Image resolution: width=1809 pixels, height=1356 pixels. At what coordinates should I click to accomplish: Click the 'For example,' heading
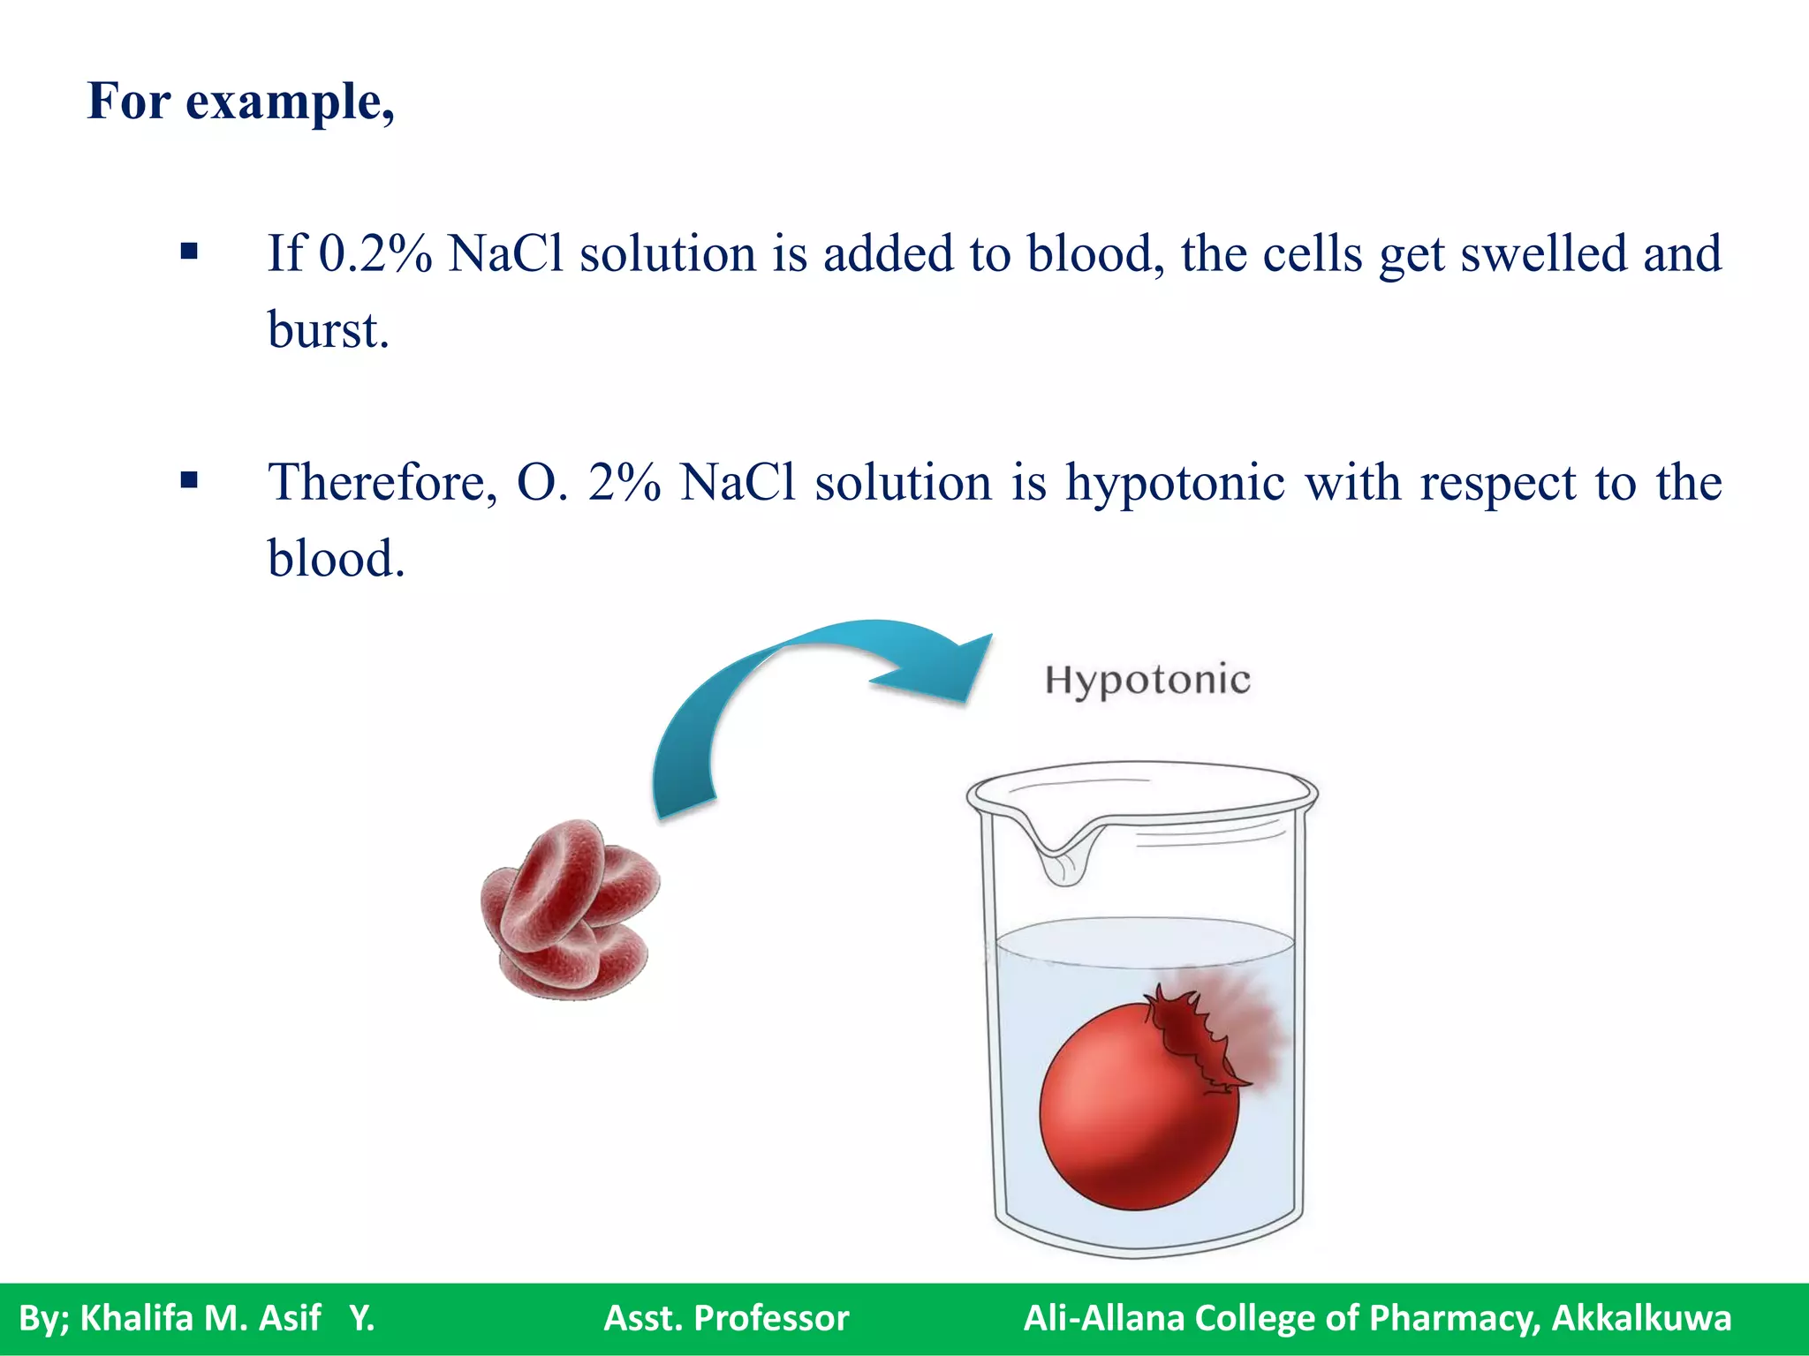[x=240, y=102]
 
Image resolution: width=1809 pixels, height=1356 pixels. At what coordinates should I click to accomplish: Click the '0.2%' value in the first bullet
[x=375, y=253]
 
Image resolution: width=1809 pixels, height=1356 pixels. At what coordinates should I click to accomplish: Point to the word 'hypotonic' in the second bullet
[x=1174, y=483]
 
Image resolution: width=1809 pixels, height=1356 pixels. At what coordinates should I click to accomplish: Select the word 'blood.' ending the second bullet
[x=336, y=559]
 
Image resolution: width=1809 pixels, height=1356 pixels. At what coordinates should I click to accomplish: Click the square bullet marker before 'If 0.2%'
[x=188, y=252]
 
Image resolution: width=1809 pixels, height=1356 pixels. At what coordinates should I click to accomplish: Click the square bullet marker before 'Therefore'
[x=188, y=481]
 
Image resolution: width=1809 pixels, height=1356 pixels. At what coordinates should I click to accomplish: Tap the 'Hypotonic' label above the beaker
[x=1147, y=680]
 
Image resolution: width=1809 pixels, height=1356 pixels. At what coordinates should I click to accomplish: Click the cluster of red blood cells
[x=570, y=909]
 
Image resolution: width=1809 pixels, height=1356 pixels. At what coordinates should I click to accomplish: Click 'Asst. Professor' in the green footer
[x=726, y=1318]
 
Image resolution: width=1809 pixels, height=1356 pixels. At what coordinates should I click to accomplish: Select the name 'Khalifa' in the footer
[x=136, y=1318]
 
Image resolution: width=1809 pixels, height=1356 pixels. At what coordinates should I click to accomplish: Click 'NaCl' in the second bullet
[x=738, y=483]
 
